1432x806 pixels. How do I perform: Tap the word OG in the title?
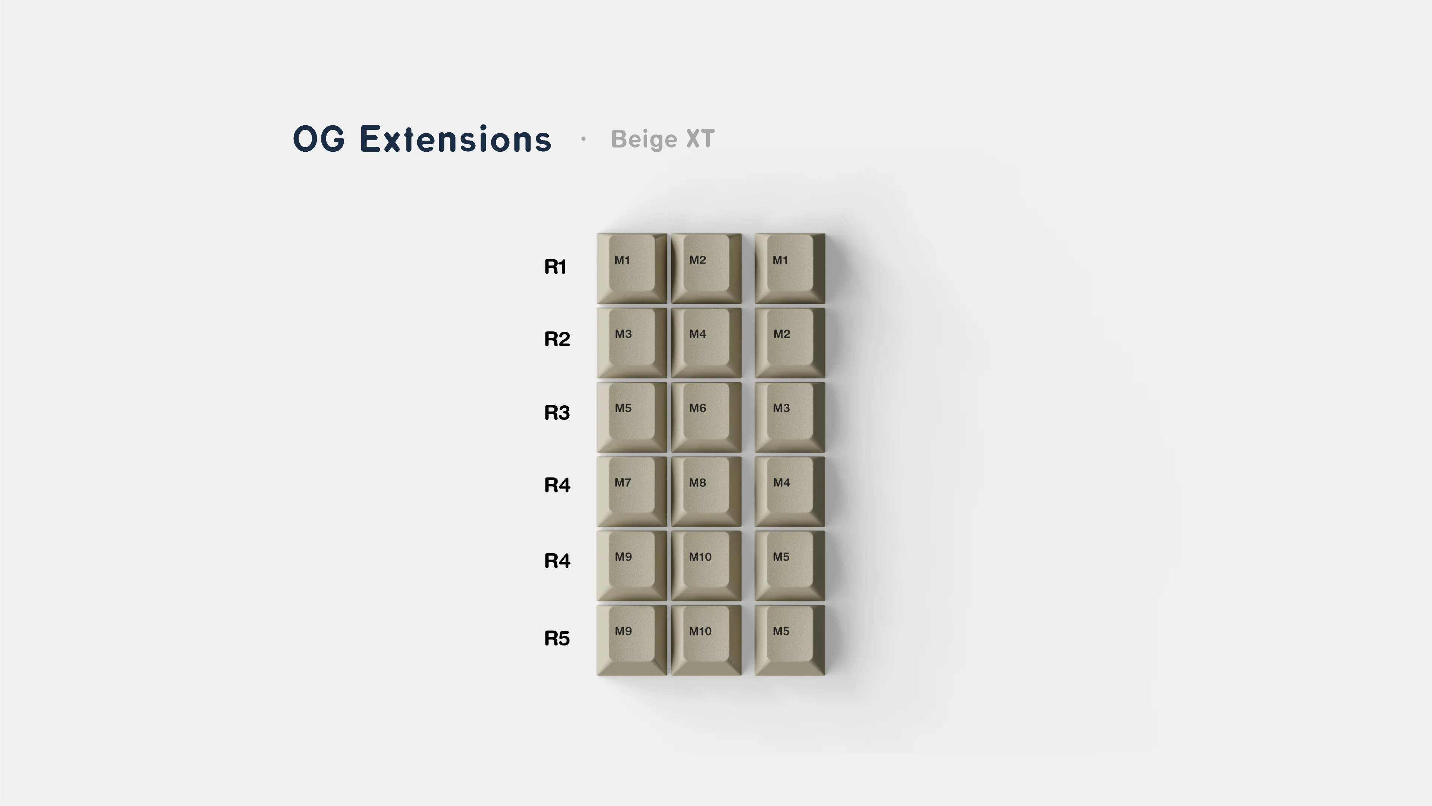click(319, 139)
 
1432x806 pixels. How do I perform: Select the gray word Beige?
click(644, 139)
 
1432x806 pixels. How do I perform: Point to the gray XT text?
click(701, 139)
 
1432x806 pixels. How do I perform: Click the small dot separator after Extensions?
click(583, 139)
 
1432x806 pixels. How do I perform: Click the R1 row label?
click(555, 267)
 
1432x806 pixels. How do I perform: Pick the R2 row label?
click(557, 339)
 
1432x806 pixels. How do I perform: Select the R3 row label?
click(557, 412)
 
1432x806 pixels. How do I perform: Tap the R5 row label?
click(557, 638)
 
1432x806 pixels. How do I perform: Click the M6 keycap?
click(706, 417)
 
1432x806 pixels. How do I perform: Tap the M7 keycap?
click(632, 491)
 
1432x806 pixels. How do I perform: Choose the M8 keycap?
click(706, 491)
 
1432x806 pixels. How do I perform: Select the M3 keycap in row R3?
click(789, 417)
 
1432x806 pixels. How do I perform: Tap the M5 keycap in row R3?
click(632, 417)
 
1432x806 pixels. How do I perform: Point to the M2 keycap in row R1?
click(706, 268)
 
